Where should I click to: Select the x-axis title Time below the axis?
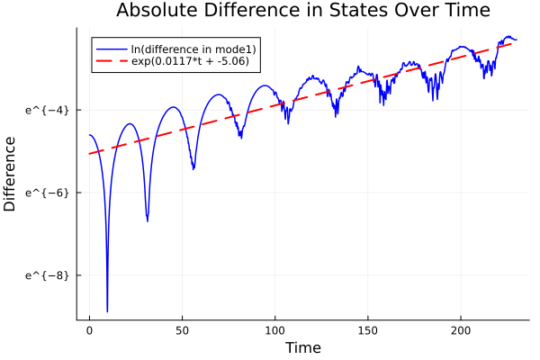(x=302, y=347)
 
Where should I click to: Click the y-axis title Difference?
(x=10, y=174)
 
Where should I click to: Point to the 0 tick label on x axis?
(x=89, y=332)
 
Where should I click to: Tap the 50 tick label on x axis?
(x=182, y=332)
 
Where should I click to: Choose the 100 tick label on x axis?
(x=275, y=332)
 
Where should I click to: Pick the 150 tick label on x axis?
(x=368, y=332)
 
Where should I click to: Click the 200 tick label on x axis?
(x=461, y=332)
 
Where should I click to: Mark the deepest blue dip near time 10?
(x=107, y=310)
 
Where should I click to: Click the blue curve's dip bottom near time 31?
(x=148, y=220)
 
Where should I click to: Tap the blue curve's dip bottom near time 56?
(x=193, y=168)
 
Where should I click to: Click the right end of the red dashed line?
(x=512, y=43)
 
